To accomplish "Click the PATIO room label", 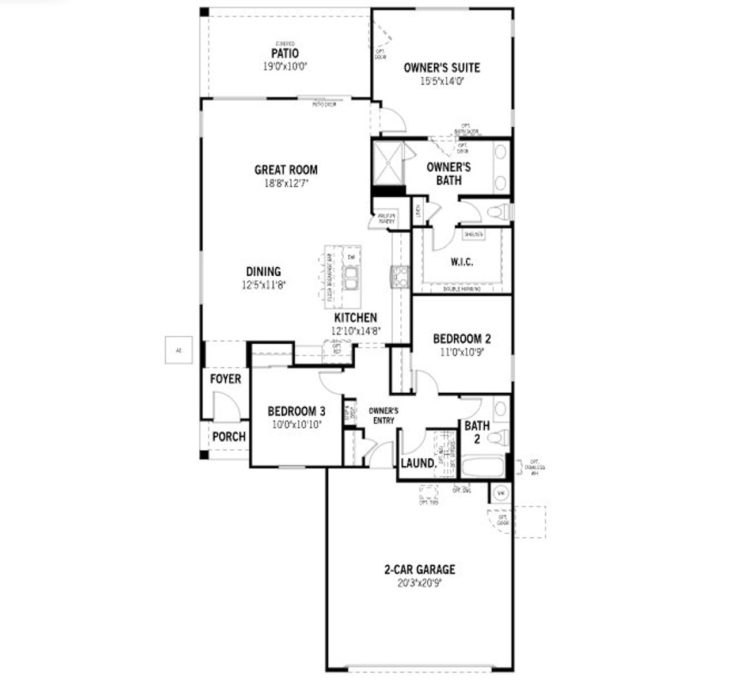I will (x=285, y=54).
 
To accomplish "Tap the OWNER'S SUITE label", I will (x=442, y=67).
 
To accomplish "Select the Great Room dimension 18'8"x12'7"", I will (x=286, y=184).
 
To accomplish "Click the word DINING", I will (x=264, y=271).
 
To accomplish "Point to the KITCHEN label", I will (x=356, y=317).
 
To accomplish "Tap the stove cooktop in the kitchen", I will (x=400, y=276).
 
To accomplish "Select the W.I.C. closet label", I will (x=462, y=262).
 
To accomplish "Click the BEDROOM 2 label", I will (x=462, y=339).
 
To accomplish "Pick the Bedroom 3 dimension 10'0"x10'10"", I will (x=297, y=425).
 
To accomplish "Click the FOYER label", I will (x=225, y=379).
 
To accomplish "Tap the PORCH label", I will (x=229, y=436).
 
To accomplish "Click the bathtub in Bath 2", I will (x=483, y=466).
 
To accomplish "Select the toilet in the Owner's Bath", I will (x=499, y=212).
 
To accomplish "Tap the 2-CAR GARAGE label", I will (x=420, y=569).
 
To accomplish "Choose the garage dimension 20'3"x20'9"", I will (x=420, y=583).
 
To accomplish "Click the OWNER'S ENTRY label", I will (x=383, y=416).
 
